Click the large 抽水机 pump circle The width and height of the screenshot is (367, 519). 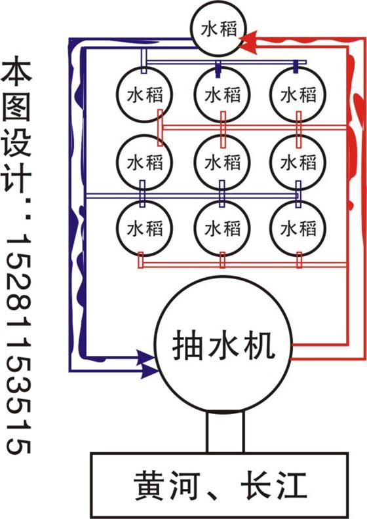(223, 345)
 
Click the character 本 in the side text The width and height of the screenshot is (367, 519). (16, 70)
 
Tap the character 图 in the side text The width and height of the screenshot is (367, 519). (16, 107)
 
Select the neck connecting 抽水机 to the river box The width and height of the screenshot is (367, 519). (225, 432)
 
